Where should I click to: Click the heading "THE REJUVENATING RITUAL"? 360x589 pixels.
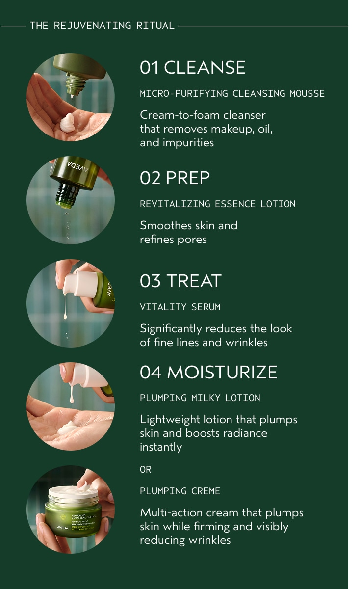pos(102,26)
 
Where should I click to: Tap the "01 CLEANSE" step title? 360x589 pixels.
pos(192,68)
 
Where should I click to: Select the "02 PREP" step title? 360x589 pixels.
pos(175,178)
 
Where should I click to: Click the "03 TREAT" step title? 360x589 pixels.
pos(180,281)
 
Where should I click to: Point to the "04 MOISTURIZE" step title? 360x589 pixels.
pos(208,372)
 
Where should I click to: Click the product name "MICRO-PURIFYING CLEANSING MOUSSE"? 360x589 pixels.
pos(232,93)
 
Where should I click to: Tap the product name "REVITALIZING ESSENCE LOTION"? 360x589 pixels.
pos(218,204)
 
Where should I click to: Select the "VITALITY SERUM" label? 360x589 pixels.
pos(180,307)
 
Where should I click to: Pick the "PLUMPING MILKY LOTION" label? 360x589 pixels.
pos(200,398)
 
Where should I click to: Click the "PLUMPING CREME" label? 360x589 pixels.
pos(180,491)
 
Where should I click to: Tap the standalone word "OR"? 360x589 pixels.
pos(146,469)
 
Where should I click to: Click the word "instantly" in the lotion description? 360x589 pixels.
pos(161,447)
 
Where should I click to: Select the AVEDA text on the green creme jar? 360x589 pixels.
pos(62,527)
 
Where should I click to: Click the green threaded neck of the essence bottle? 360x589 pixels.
pos(67,196)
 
